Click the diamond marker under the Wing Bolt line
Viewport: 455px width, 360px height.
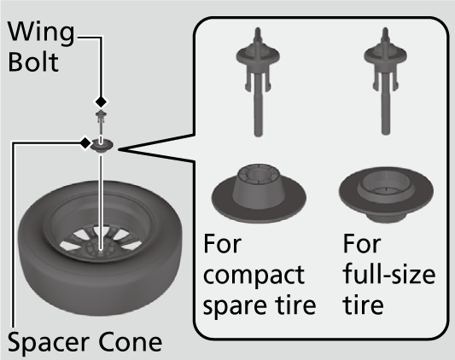(x=102, y=102)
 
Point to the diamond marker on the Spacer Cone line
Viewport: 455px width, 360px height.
(x=85, y=142)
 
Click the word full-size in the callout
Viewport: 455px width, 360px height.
(x=388, y=275)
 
